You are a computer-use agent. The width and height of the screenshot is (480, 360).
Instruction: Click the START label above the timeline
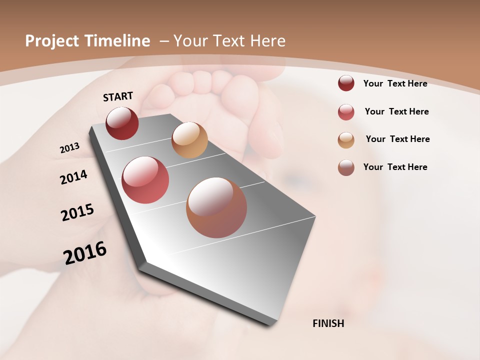118,96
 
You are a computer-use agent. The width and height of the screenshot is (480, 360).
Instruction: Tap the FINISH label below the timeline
328,323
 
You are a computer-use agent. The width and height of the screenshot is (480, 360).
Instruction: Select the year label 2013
69,148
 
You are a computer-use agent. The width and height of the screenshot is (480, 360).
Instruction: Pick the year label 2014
73,177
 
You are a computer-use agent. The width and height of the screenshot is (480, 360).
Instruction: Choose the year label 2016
85,252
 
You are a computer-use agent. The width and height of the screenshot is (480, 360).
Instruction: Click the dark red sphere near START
122,123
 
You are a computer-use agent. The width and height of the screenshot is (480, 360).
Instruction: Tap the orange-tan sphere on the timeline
189,140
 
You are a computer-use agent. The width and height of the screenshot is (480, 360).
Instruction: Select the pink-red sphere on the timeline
145,180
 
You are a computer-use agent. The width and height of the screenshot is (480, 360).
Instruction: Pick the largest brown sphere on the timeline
216,207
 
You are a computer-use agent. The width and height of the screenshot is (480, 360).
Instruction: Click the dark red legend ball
346,83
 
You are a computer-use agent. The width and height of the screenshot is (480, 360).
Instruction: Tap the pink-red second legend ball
346,112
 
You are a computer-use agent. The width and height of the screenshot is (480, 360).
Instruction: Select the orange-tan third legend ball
346,140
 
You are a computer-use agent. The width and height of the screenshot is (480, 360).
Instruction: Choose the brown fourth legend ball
346,167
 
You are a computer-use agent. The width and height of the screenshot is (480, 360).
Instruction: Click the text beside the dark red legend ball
395,83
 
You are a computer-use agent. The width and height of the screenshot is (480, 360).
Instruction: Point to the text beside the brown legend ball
395,167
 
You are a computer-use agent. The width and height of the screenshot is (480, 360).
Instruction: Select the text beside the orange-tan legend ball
397,139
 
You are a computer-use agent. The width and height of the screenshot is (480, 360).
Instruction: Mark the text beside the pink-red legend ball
396,111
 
